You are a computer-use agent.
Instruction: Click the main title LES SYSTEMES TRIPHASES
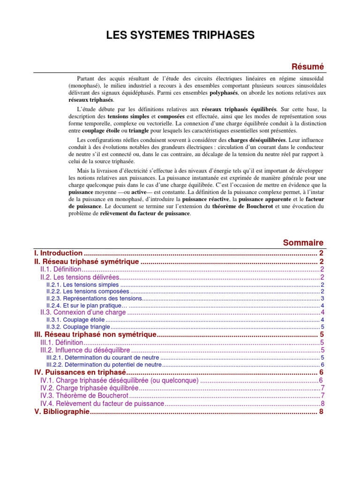180,35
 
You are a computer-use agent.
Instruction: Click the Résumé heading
308,67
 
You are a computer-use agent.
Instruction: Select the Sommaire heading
303,242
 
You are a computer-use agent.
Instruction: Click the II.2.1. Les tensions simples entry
82,285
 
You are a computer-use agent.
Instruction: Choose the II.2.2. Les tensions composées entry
87,292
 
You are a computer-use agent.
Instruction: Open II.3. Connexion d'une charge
83,313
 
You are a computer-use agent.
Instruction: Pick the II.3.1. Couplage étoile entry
75,320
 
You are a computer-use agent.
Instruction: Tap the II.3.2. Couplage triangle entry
78,327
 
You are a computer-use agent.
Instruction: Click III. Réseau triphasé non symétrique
95,335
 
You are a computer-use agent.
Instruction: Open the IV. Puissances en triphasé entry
81,372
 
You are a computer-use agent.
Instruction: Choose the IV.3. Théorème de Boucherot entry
82,396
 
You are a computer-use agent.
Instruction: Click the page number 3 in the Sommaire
322,299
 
